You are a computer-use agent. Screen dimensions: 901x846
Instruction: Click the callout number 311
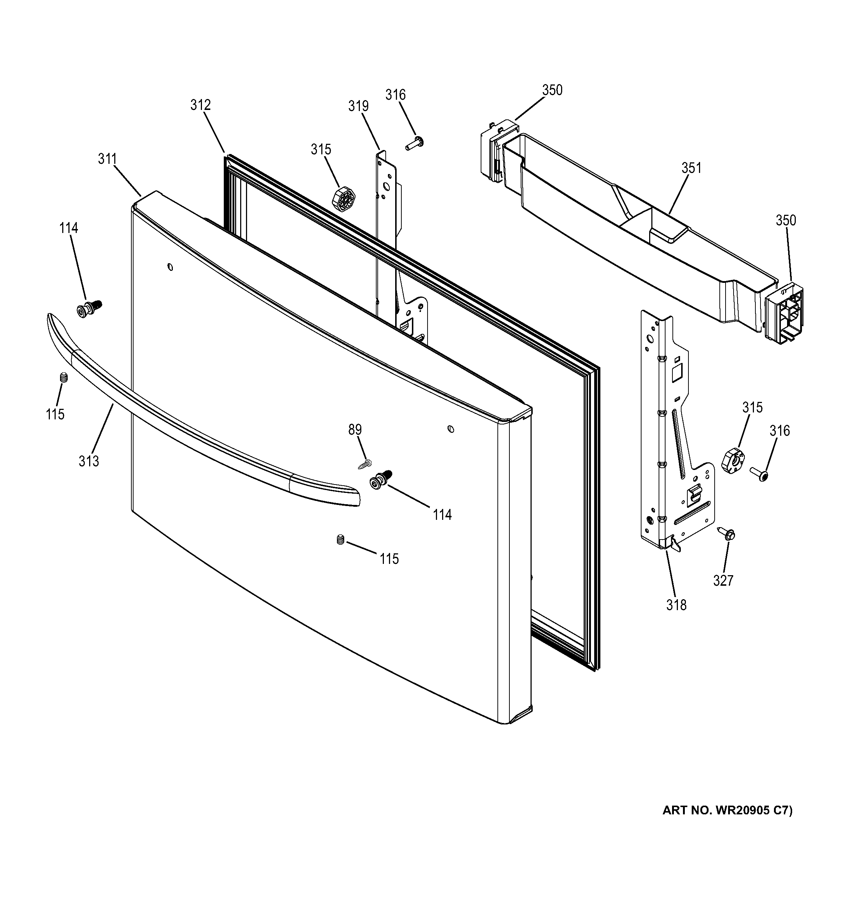click(x=107, y=159)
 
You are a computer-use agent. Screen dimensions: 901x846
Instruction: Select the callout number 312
click(x=200, y=105)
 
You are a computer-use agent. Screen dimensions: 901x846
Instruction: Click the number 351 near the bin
click(x=691, y=168)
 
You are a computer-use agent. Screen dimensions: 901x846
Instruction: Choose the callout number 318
click(x=676, y=605)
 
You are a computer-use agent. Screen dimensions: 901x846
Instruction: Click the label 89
click(x=355, y=429)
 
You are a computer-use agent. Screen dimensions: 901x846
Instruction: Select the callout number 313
click(x=89, y=461)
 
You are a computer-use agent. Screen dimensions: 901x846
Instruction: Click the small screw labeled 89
click(x=365, y=465)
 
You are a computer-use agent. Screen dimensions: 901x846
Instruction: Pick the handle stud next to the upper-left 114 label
click(x=89, y=309)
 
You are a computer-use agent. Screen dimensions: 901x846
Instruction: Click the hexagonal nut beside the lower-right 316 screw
click(x=733, y=461)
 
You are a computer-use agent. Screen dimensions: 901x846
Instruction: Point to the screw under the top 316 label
click(x=414, y=144)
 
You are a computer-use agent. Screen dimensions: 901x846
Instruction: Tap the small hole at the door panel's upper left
click(x=170, y=267)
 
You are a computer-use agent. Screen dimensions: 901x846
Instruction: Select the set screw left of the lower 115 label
click(x=341, y=540)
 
